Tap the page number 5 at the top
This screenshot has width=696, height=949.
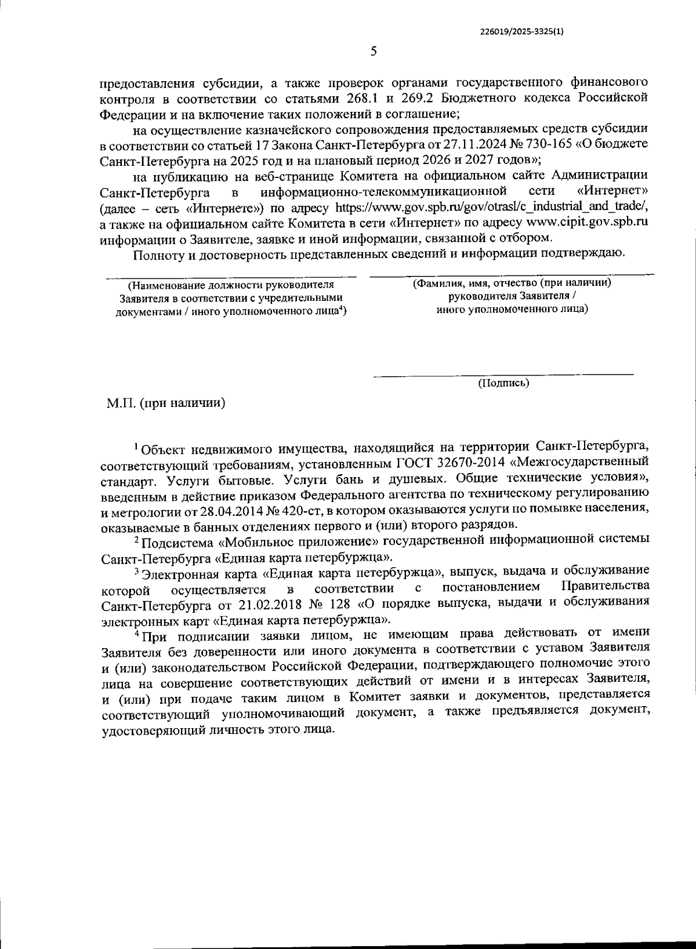click(x=374, y=52)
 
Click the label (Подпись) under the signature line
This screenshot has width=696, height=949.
click(x=503, y=383)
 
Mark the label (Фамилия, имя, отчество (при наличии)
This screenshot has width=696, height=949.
click(x=513, y=283)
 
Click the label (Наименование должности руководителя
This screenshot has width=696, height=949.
click(x=231, y=285)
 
